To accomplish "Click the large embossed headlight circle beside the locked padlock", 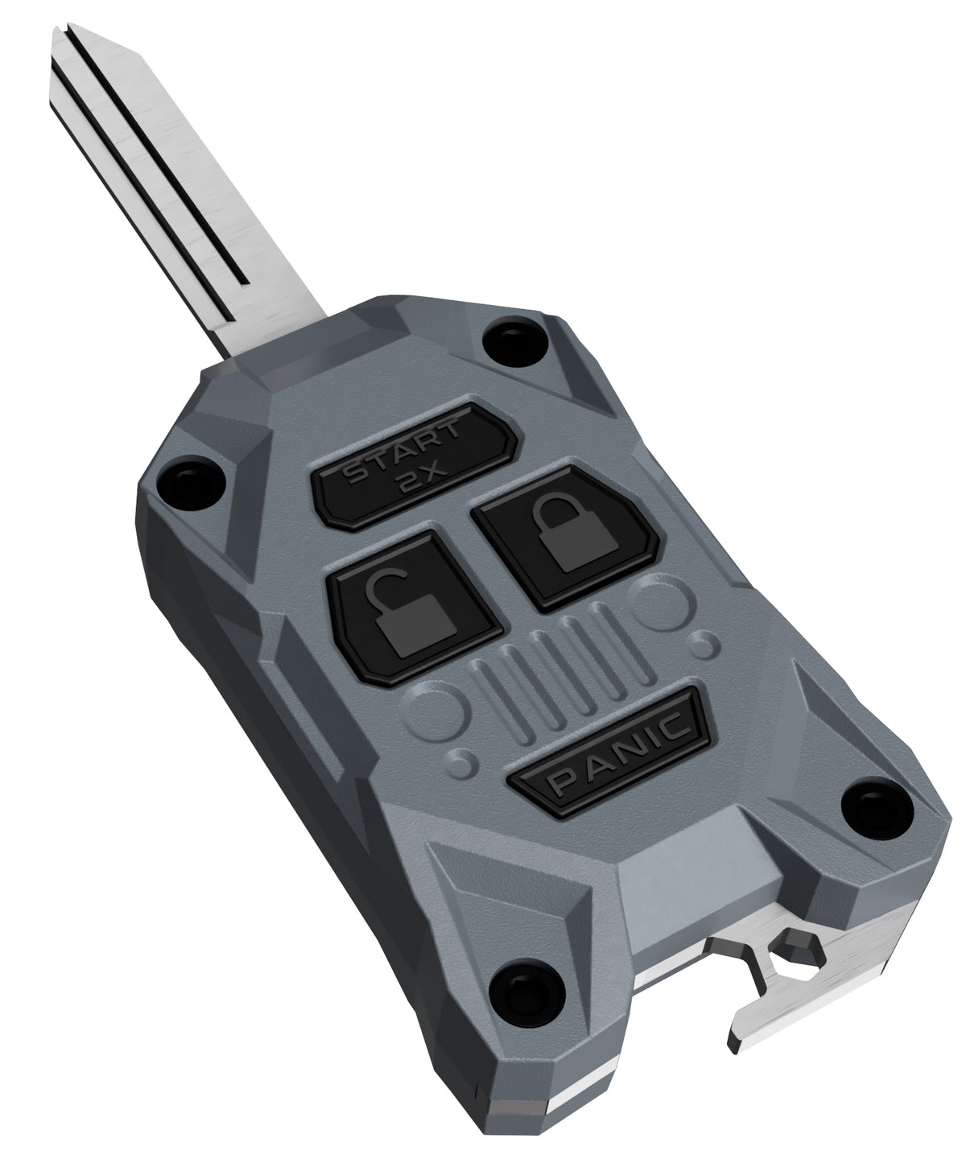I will [x=663, y=605].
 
